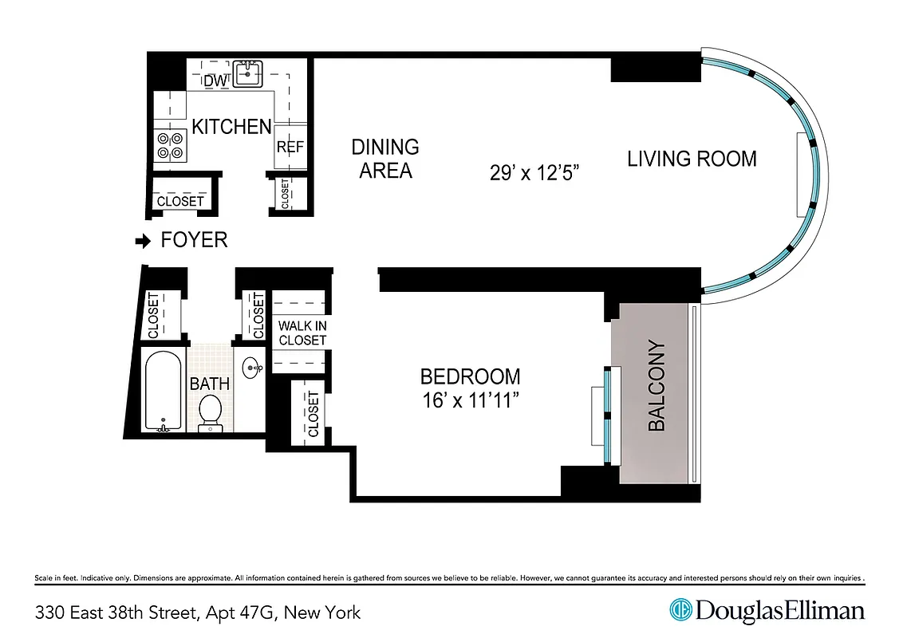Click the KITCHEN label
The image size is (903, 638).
pyautogui.click(x=231, y=126)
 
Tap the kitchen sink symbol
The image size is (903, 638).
pyautogui.click(x=250, y=74)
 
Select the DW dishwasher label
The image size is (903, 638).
pyautogui.click(x=215, y=81)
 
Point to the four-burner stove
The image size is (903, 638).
pyautogui.click(x=170, y=144)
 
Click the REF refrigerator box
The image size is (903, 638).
pyautogui.click(x=288, y=148)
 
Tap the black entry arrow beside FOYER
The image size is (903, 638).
pyautogui.click(x=143, y=240)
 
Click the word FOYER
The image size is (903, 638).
pyautogui.click(x=194, y=240)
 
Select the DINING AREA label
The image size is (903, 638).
pyautogui.click(x=385, y=158)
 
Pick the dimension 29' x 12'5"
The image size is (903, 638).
pyautogui.click(x=534, y=173)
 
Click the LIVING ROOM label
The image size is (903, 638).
pyautogui.click(x=692, y=158)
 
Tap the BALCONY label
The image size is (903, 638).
pyautogui.click(x=656, y=386)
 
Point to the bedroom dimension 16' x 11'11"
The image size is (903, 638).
pyautogui.click(x=470, y=388)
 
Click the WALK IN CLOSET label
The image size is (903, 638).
pyautogui.click(x=302, y=333)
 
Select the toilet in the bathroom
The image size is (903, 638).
pyautogui.click(x=210, y=412)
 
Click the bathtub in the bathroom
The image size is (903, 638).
pyautogui.click(x=164, y=391)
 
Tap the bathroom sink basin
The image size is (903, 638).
pyautogui.click(x=254, y=369)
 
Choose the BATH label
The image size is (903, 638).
pyautogui.click(x=209, y=384)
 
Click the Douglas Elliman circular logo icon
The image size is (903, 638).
pyautogui.click(x=680, y=611)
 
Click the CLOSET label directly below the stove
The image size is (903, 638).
pyautogui.click(x=180, y=201)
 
